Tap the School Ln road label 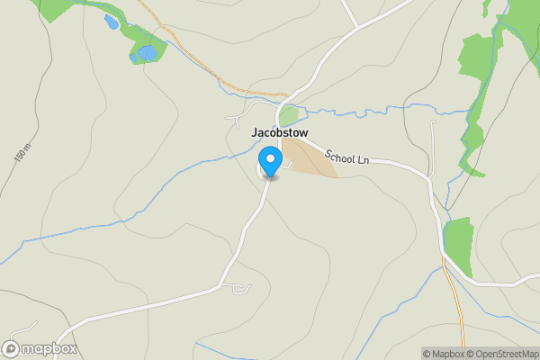347,157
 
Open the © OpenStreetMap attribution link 499,354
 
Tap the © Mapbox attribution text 442,354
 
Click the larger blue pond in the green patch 144,54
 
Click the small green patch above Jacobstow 288,116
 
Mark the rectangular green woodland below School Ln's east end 459,247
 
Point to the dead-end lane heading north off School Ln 433,144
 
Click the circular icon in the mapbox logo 12,349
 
